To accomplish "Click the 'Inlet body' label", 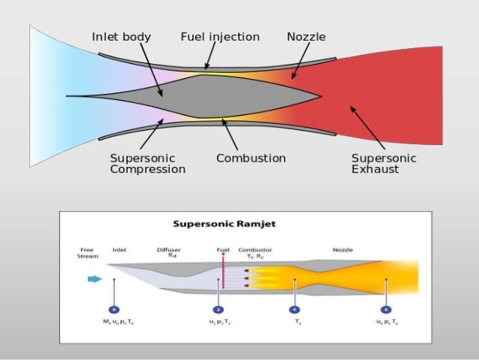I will coord(121,37).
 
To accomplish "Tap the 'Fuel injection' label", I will coord(220,37).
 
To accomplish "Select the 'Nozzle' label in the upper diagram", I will coord(306,37).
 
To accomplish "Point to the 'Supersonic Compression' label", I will coord(147,164).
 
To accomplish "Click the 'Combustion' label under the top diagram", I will coord(251,159).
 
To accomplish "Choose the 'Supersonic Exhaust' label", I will coord(384,164).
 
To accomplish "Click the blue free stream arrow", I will coord(95,280).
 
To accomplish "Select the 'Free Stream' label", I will coord(86,253).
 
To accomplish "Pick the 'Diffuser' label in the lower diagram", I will coord(168,250).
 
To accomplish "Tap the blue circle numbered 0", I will coord(114,309).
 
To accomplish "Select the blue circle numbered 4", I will coord(295,309).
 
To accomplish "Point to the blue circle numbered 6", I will coord(386,309).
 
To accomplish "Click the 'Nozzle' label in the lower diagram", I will coord(342,250).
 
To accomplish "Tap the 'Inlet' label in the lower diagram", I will coord(119,250).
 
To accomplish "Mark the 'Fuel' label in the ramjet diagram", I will coord(222,250).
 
